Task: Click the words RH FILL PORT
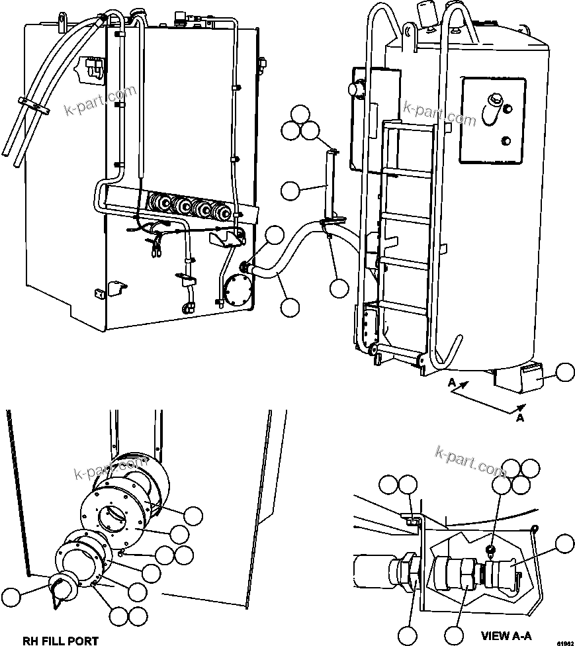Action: pos(60,640)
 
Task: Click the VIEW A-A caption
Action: pos(506,636)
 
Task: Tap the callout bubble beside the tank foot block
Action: pos(565,373)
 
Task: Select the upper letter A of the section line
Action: pos(451,383)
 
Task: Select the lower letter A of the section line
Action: pos(519,418)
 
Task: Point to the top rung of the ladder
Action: pos(404,128)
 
